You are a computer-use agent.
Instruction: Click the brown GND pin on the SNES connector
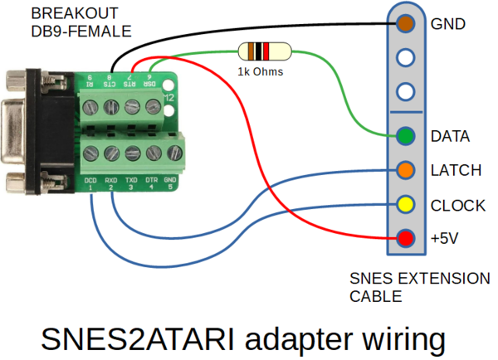coord(406,23)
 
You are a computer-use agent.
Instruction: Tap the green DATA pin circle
coord(406,135)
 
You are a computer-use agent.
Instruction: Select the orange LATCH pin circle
coord(406,170)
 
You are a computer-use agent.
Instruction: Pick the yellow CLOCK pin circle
coord(406,205)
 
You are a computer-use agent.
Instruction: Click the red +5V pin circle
coord(406,239)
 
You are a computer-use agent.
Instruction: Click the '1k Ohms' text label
coord(260,72)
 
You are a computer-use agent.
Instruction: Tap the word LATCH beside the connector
coord(456,170)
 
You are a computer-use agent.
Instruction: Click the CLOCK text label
coord(458,205)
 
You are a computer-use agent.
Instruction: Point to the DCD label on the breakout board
coord(90,179)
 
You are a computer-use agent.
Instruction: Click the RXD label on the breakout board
coord(110,179)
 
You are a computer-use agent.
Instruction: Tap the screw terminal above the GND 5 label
coord(172,152)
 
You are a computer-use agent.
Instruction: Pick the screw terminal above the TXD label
coord(131,152)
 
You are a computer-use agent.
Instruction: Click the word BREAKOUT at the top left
coord(63,14)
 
